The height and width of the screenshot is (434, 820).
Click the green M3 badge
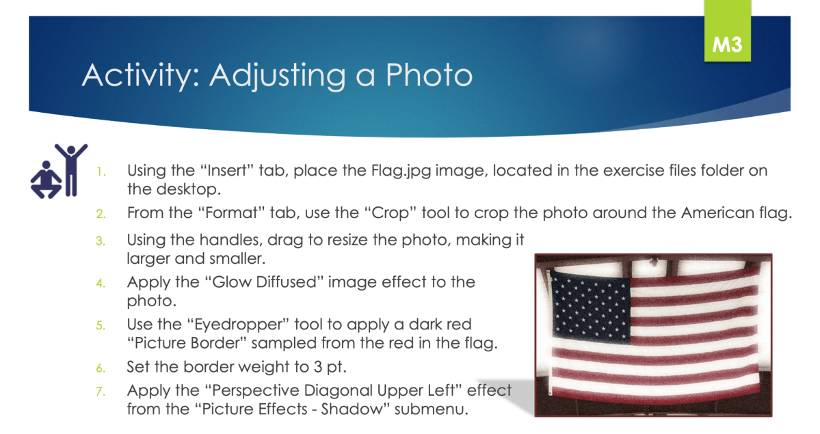(728, 31)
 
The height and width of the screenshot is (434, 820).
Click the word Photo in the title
(429, 74)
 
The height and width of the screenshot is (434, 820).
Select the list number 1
(101, 172)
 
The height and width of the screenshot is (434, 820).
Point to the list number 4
(101, 284)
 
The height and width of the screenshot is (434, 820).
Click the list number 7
(101, 392)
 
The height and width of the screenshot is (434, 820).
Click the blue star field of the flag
(591, 305)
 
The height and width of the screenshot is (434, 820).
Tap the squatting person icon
(46, 180)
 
